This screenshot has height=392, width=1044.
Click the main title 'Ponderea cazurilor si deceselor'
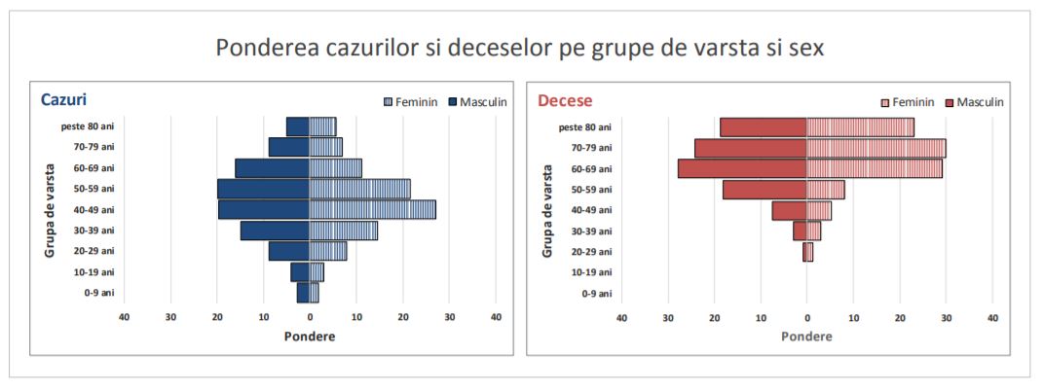point(520,48)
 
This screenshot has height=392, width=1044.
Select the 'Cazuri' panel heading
point(64,99)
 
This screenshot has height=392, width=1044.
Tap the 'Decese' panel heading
point(565,100)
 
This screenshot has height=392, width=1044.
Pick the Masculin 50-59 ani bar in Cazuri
point(263,189)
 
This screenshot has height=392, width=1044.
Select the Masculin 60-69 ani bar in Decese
point(742,168)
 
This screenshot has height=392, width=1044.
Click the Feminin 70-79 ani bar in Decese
point(876,148)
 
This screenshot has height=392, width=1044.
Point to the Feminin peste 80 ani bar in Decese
point(860,127)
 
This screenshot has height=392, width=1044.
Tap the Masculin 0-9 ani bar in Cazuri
point(303,293)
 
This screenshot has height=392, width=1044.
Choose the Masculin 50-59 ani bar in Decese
point(764,190)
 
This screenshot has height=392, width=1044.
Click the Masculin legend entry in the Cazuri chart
point(477,101)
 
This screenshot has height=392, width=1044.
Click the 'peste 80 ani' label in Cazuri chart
point(86,125)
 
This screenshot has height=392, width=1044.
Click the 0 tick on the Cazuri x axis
point(310,317)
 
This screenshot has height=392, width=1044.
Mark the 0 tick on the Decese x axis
point(806,318)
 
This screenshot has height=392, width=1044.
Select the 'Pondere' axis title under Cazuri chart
point(310,336)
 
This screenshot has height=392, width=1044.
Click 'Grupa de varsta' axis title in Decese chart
point(547,210)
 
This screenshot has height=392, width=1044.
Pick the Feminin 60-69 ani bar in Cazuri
point(336,168)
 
